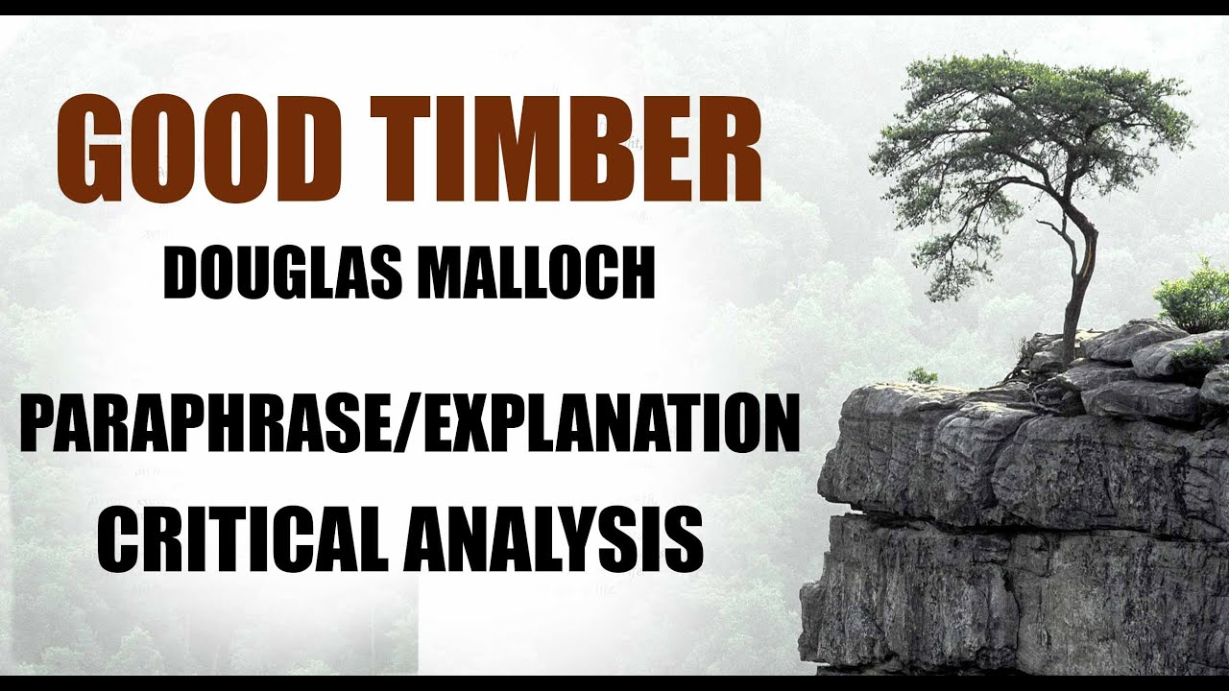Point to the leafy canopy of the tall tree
click(x=1027, y=134)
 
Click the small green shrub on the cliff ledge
click(x=923, y=375)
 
